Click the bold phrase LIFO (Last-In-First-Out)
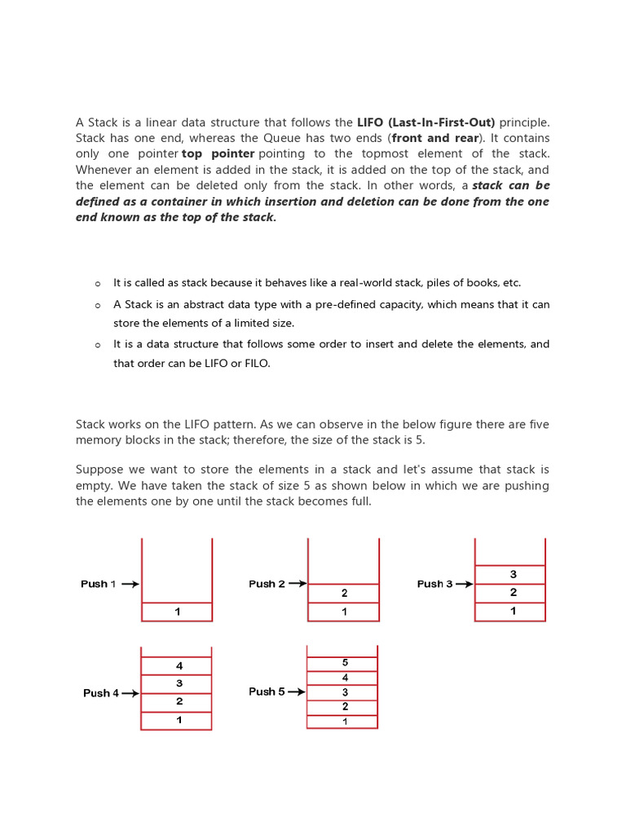coord(425,122)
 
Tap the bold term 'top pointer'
coord(218,153)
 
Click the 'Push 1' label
coord(98,584)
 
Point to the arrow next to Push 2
coord(298,584)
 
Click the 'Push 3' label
coord(434,584)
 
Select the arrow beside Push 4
coord(130,693)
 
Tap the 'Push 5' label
coord(267,691)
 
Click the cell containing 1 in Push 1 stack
coord(177,612)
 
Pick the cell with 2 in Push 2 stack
coord(344,594)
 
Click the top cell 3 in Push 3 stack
coord(513,575)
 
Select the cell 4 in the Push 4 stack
coord(179,665)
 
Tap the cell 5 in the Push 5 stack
coord(345,662)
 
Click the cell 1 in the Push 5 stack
coord(345,722)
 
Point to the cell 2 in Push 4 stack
coord(179,701)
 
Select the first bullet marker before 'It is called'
coord(97,284)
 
